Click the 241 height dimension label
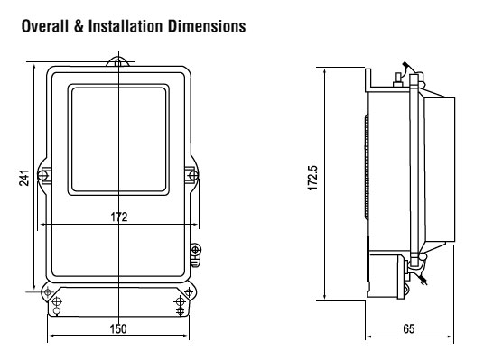click(x=24, y=178)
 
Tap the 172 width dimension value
click(x=119, y=217)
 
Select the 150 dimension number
click(x=118, y=329)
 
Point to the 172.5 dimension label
click(x=312, y=178)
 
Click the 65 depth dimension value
click(x=409, y=329)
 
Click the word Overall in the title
click(x=44, y=26)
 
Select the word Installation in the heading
click(x=126, y=26)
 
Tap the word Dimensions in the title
click(x=207, y=26)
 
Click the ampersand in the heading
click(x=79, y=26)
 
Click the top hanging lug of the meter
click(x=117, y=61)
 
